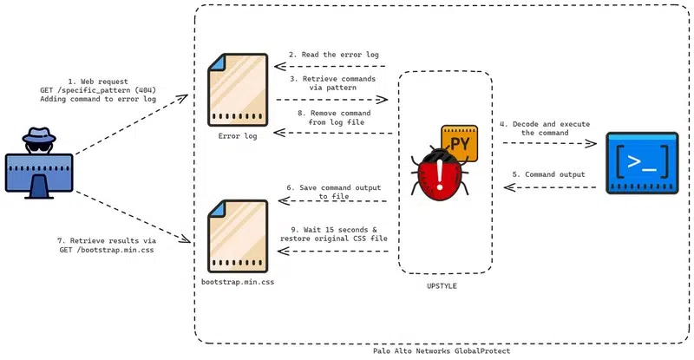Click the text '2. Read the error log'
point(335,54)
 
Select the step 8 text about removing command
point(334,119)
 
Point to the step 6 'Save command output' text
point(333,192)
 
